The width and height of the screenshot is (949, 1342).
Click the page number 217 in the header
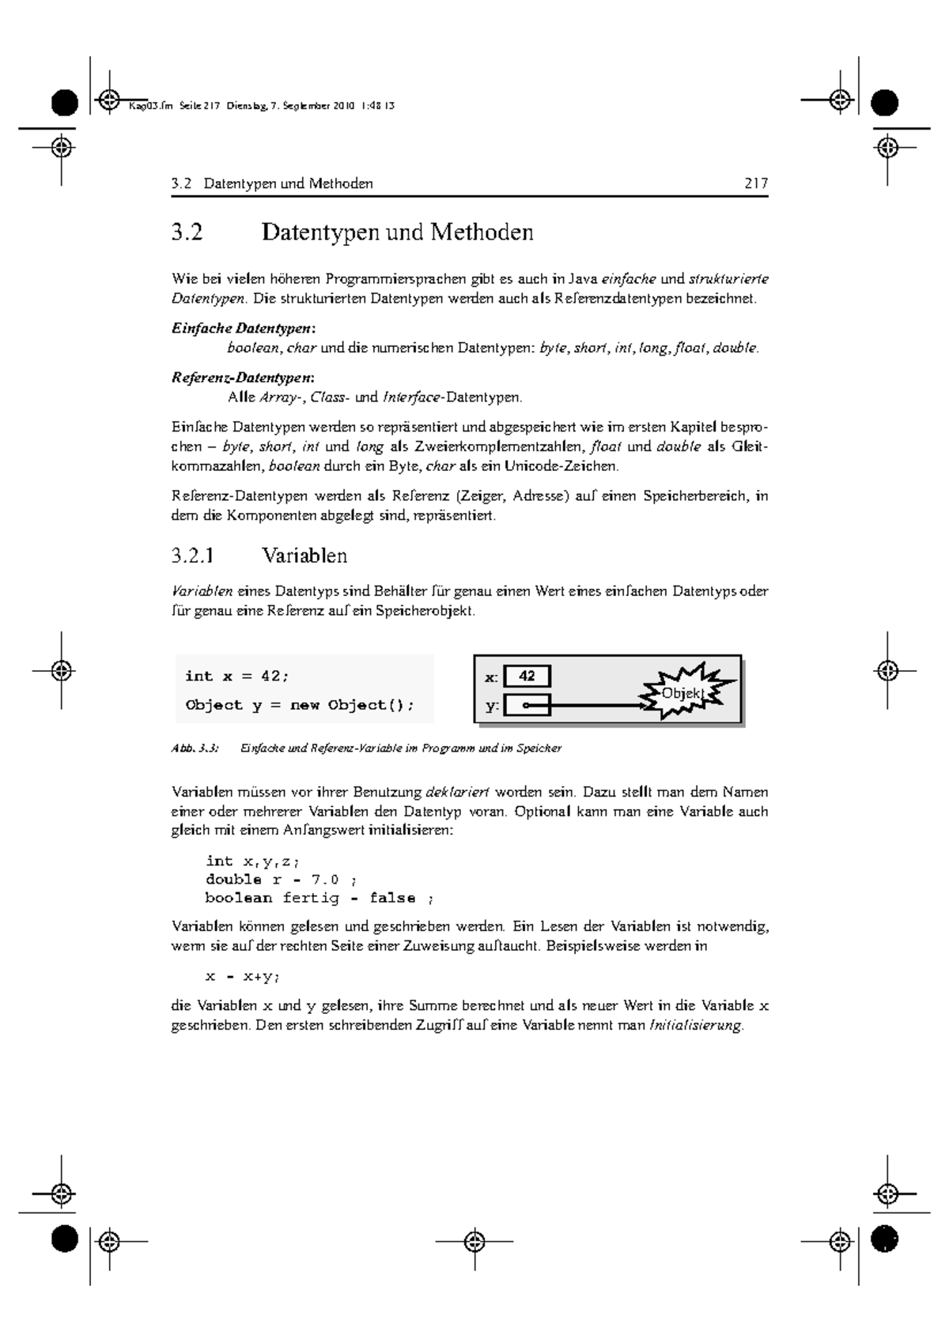click(755, 184)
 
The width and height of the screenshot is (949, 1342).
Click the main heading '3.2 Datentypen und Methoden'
click(353, 232)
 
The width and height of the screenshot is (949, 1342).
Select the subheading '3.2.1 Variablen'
click(259, 556)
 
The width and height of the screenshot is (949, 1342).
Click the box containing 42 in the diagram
click(527, 677)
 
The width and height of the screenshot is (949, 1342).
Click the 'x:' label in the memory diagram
click(491, 677)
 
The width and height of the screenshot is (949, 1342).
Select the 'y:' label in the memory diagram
click(491, 706)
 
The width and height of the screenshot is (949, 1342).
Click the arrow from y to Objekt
click(593, 705)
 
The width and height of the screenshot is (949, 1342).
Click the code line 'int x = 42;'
click(237, 677)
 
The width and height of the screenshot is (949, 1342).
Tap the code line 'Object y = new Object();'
click(300, 705)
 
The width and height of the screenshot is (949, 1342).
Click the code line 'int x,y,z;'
click(253, 861)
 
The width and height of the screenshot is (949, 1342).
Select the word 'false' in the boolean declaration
click(393, 898)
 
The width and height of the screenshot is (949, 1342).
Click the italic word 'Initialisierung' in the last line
click(695, 1026)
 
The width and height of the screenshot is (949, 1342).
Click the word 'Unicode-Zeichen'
click(555, 466)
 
